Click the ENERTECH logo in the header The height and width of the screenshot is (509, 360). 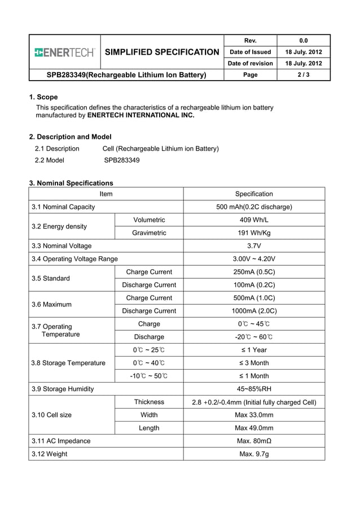(64, 52)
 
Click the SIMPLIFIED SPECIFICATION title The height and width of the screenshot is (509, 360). (162, 52)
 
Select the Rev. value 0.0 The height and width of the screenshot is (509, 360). (303, 41)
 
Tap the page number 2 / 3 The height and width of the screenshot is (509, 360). (303, 74)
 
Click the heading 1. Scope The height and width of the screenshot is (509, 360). (43, 97)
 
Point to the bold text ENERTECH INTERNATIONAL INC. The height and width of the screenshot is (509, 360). (141, 115)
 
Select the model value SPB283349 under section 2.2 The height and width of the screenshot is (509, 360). (122, 160)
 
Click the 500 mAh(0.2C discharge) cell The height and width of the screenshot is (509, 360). (254, 207)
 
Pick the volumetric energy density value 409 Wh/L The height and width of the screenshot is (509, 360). (254, 220)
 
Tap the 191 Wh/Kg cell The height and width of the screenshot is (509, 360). (254, 233)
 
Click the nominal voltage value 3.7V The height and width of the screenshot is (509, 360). (254, 246)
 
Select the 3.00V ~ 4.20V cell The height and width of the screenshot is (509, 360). (254, 259)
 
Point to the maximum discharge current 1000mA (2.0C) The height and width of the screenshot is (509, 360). (254, 311)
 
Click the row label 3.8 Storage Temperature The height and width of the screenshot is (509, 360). (68, 363)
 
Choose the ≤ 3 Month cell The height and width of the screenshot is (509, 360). (254, 363)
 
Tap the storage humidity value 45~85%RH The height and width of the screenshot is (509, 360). (254, 389)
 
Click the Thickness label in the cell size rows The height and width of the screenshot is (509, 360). (149, 402)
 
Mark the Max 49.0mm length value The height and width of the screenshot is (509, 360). (254, 428)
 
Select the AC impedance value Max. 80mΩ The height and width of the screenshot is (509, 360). (254, 441)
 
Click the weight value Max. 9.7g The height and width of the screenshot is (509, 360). (254, 454)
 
